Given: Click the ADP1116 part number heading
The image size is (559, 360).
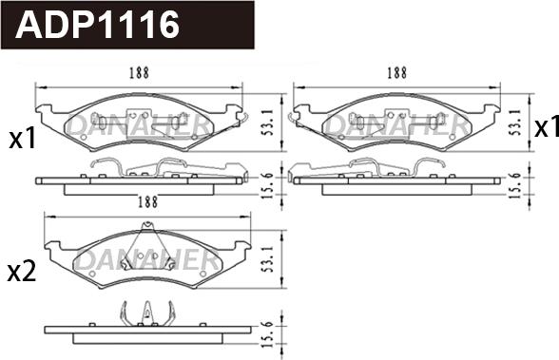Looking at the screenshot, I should [x=98, y=25].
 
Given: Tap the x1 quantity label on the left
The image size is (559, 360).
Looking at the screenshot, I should [x=22, y=140].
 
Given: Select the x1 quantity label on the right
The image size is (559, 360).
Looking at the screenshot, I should [x=546, y=127].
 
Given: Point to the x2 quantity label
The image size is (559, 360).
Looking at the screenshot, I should [x=22, y=273].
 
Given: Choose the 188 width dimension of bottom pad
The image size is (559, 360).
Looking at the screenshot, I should [x=147, y=201].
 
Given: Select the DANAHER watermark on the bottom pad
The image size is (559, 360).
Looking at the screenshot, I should [x=147, y=258].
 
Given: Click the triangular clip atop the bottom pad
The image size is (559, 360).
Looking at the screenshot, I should [x=146, y=237].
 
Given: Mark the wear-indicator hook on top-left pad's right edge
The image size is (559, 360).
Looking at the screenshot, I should [x=243, y=118].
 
